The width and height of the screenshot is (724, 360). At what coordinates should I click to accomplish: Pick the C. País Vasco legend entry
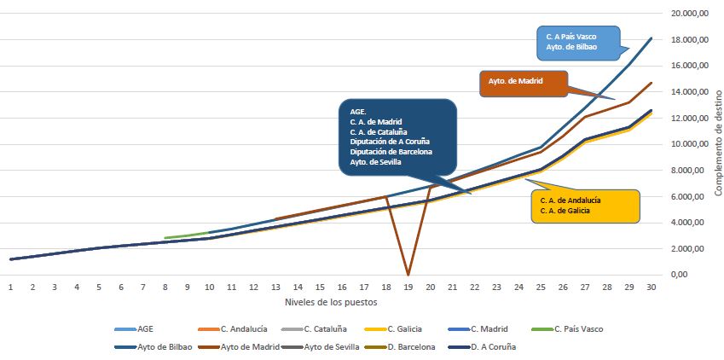(580, 327)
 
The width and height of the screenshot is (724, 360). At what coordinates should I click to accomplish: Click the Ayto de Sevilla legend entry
(331, 347)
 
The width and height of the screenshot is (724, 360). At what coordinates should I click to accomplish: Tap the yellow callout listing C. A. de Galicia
(584, 206)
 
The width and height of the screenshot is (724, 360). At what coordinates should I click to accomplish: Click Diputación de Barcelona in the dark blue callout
(391, 152)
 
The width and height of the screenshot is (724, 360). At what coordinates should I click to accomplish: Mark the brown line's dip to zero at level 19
(408, 274)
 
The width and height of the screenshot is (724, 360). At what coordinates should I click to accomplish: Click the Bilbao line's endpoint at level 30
(652, 38)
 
